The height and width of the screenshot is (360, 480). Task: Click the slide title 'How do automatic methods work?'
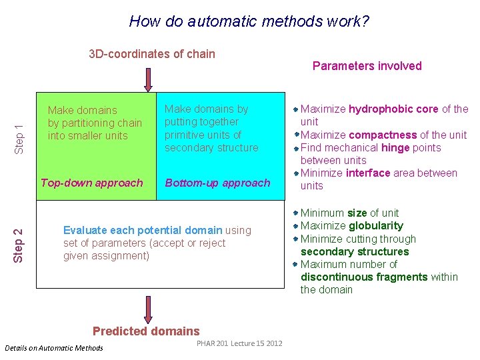coord(249,21)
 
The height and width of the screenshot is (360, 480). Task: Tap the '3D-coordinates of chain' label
coord(152,54)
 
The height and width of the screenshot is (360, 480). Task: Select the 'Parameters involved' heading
coord(367,65)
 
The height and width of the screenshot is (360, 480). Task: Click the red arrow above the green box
coord(148,78)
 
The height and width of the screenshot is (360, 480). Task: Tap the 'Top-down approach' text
coord(92,183)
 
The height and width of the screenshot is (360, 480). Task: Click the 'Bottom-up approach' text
coord(217,183)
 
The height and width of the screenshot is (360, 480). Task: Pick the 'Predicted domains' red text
coord(146,331)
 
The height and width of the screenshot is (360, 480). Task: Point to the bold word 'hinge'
coord(396,147)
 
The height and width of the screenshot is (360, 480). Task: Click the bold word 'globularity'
coord(376,225)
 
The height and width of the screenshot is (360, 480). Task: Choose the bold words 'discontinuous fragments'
coord(379,277)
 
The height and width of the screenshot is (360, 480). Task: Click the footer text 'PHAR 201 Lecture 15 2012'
coord(239,343)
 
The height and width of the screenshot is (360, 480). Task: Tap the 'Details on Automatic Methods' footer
coord(54,348)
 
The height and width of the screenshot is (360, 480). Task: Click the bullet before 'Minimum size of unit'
coord(296,213)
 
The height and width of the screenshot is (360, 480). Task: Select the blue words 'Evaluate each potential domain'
coord(143,230)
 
